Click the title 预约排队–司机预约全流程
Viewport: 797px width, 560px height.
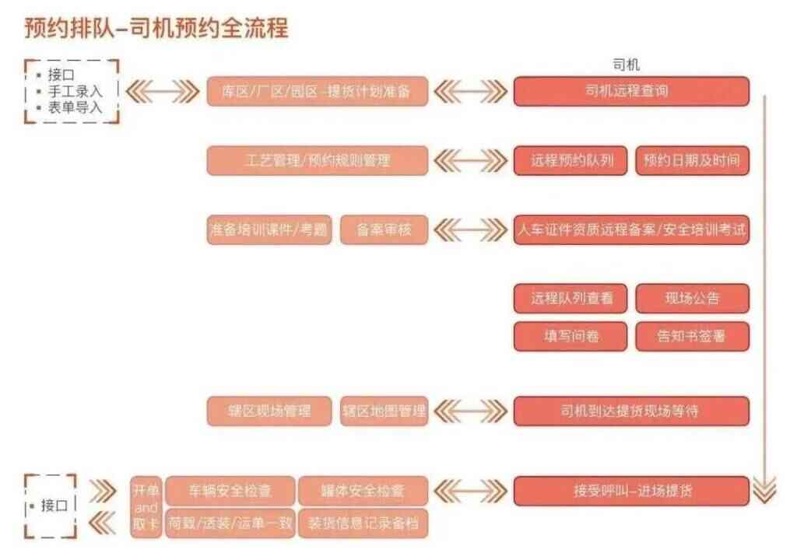[156, 28]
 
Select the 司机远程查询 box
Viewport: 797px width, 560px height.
[630, 91]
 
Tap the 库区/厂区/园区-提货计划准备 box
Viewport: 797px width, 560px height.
[317, 91]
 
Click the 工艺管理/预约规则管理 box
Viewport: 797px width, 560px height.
[317, 161]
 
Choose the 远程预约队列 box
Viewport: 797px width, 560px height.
[570, 161]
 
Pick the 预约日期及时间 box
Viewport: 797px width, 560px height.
[692, 161]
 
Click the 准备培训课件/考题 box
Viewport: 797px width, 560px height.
[269, 230]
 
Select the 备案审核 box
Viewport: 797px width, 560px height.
[384, 230]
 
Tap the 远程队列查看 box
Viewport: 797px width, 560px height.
[570, 299]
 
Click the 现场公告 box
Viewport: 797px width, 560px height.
[692, 299]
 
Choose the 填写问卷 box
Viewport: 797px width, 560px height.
[570, 337]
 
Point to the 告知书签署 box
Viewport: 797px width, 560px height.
[692, 337]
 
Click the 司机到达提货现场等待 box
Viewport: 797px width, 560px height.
[630, 411]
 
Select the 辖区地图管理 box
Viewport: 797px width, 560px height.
[384, 411]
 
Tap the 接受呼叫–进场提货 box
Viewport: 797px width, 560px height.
[630, 491]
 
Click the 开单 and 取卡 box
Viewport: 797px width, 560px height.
[146, 507]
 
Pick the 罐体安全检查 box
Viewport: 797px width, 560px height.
[363, 491]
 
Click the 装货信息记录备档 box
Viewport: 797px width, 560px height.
[363, 523]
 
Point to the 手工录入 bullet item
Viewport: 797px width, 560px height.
[75, 92]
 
